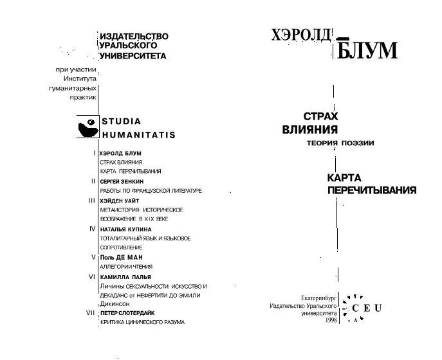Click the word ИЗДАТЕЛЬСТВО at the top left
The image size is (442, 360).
coord(134,37)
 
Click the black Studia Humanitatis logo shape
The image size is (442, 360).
coord(87,127)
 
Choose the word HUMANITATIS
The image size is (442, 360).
coord(138,136)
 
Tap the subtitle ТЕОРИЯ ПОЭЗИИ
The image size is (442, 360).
coord(340,143)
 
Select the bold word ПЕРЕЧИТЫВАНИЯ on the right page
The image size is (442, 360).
coord(371,190)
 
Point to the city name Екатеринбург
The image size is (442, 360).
coord(319,298)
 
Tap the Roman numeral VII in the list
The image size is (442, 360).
coord(91,312)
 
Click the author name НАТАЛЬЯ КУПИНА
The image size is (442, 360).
coord(125,229)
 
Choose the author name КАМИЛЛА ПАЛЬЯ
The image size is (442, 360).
coord(125,276)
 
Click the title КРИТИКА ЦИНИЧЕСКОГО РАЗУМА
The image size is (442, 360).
coord(142,322)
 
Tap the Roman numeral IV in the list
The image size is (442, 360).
coord(93,228)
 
